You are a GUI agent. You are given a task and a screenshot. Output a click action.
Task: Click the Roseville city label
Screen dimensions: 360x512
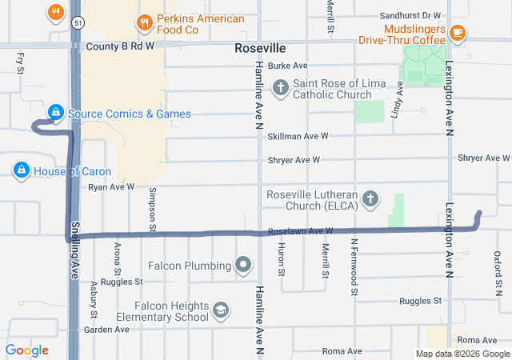(x=260, y=48)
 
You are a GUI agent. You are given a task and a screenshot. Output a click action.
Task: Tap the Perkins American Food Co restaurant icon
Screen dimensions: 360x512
(x=144, y=22)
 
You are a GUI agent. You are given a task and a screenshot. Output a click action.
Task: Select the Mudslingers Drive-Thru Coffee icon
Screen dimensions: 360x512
(x=457, y=33)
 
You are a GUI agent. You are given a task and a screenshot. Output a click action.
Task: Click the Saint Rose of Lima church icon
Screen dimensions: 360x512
(x=280, y=87)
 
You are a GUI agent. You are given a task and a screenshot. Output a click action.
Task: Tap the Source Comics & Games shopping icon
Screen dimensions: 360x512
(x=55, y=113)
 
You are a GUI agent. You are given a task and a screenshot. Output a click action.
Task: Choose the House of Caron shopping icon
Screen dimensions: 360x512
(x=21, y=170)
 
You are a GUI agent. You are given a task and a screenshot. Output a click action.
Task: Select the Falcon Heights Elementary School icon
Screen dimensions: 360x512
(x=221, y=310)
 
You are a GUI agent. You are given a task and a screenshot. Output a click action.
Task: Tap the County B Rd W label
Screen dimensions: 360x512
(x=119, y=46)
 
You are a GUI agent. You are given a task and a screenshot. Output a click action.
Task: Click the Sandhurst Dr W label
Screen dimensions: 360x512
(x=410, y=15)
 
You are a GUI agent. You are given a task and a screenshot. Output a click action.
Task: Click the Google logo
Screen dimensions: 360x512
(x=26, y=350)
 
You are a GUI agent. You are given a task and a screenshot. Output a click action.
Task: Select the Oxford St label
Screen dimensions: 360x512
(x=498, y=265)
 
